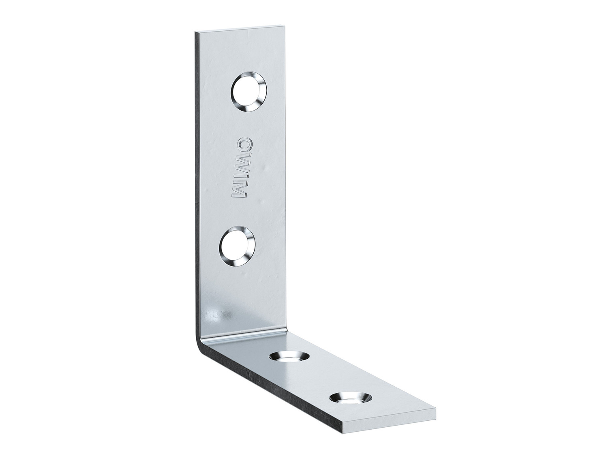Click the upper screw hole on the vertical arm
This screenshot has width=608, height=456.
click(248, 91)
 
